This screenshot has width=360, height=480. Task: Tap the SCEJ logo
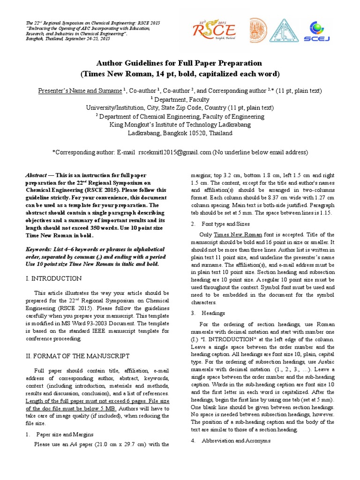pos(315,31)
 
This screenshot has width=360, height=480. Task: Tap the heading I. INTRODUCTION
pos(53,278)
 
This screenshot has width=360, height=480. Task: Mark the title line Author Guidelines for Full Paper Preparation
pos(180,63)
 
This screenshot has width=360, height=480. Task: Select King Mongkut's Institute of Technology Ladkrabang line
pos(180,125)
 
